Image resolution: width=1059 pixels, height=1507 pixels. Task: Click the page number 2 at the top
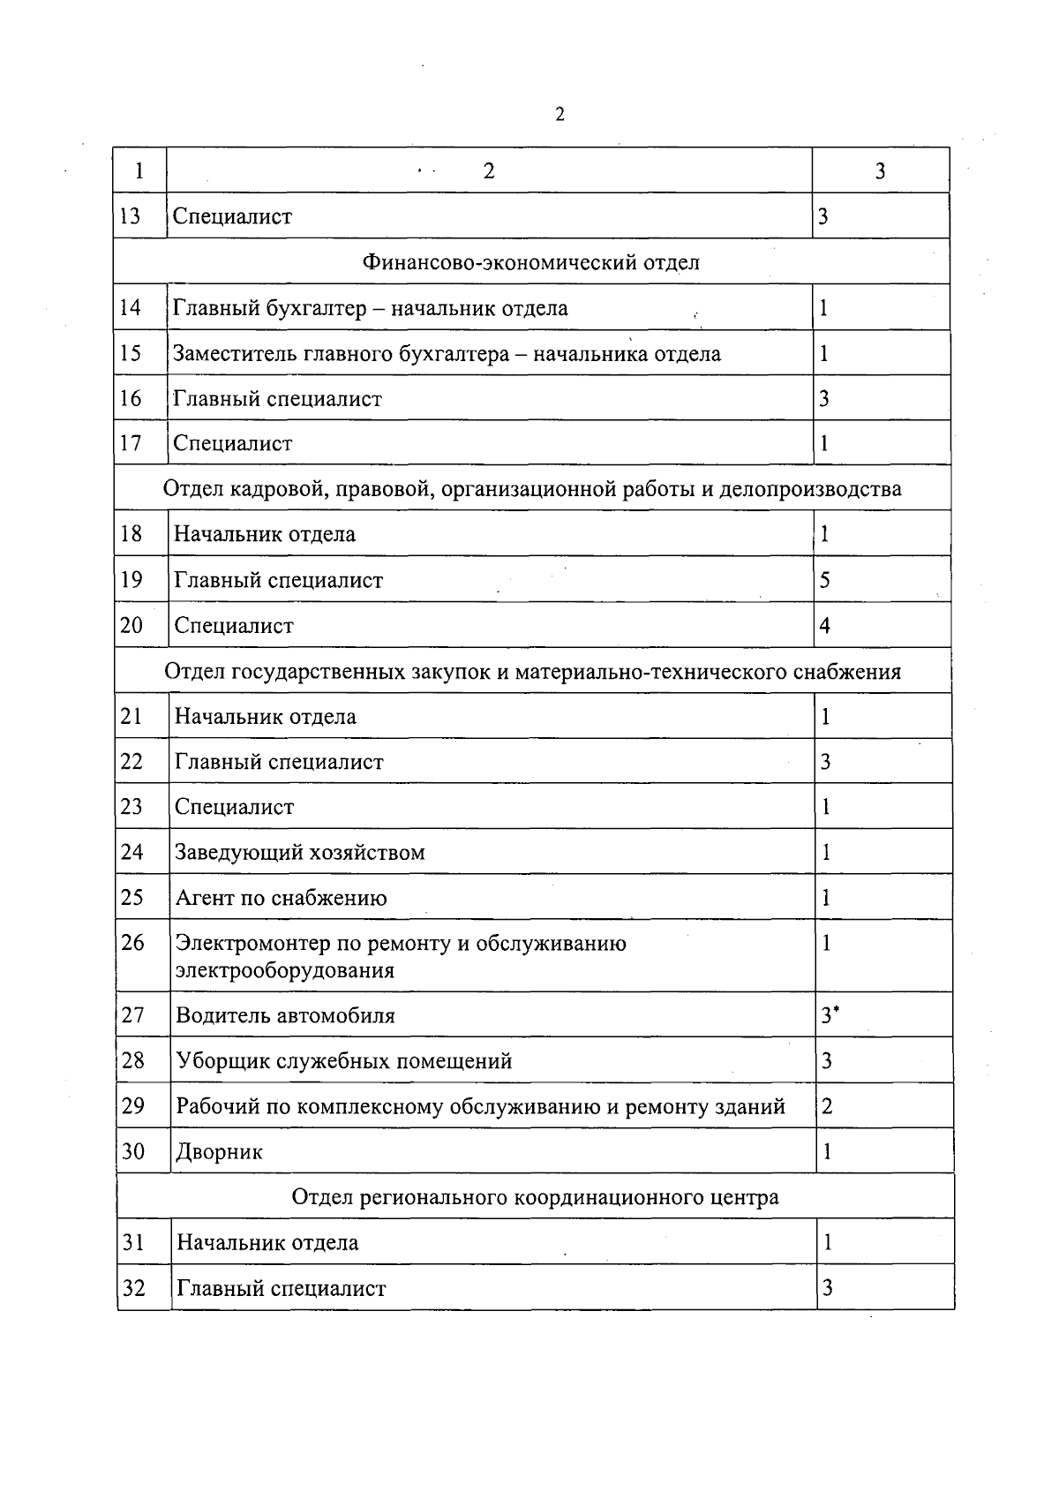point(560,115)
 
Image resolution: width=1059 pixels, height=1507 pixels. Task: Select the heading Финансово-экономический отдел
point(531,262)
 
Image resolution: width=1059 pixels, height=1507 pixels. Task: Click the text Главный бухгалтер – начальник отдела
point(371,308)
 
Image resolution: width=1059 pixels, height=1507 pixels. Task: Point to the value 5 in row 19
point(825,580)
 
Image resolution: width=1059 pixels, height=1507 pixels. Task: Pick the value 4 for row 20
point(825,626)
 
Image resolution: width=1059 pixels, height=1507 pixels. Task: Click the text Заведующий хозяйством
point(300,853)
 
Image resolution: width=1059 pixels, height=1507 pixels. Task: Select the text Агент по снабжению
point(282,898)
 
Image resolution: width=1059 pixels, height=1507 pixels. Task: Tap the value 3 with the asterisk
point(830,1015)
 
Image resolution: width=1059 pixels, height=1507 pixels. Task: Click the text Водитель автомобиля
point(285,1015)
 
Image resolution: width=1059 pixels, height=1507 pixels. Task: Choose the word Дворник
point(220,1152)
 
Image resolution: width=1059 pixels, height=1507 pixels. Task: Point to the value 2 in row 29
point(827,1106)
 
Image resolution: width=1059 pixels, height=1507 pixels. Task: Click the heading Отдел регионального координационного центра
point(535,1197)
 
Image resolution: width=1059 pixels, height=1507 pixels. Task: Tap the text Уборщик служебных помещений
point(344,1061)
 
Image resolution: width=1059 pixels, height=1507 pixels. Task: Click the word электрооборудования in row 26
point(285,971)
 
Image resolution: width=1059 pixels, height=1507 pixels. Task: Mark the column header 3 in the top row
point(880,171)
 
